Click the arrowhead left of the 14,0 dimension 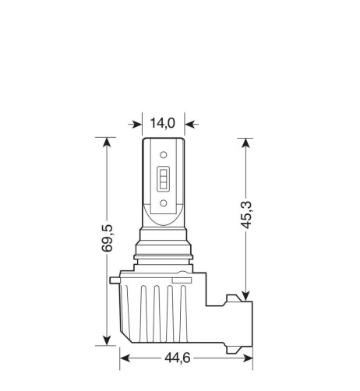pyautogui.click(x=137, y=122)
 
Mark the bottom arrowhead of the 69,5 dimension pyautogui.click(x=105, y=339)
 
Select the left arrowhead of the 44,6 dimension pyautogui.click(x=125, y=359)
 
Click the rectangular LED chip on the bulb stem pyautogui.click(x=164, y=181)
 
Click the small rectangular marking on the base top pyautogui.click(x=182, y=277)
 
